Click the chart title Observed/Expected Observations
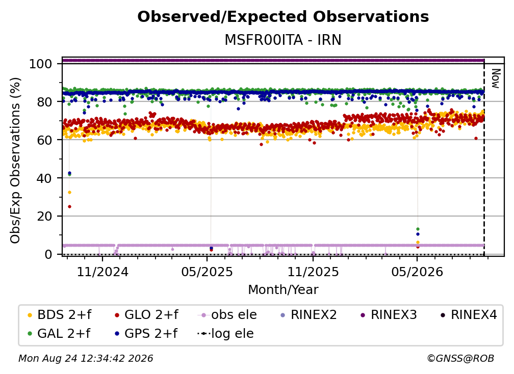click(x=283, y=17)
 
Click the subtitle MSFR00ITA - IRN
click(x=283, y=40)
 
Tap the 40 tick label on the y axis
click(x=44, y=178)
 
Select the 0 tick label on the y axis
click(x=48, y=254)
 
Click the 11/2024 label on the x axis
click(x=102, y=272)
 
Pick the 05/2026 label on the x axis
click(x=417, y=272)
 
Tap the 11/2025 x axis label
click(x=313, y=272)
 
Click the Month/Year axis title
click(x=283, y=289)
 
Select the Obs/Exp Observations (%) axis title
click(x=15, y=161)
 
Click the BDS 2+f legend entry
click(x=59, y=315)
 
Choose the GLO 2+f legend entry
click(x=146, y=315)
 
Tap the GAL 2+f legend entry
click(x=59, y=333)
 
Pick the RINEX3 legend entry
click(x=389, y=315)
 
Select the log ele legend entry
click(x=225, y=333)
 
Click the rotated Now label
click(x=495, y=78)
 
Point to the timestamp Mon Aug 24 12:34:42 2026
click(x=86, y=358)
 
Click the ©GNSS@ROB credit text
click(x=460, y=358)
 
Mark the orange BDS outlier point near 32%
click(x=69, y=192)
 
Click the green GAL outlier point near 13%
click(x=418, y=229)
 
